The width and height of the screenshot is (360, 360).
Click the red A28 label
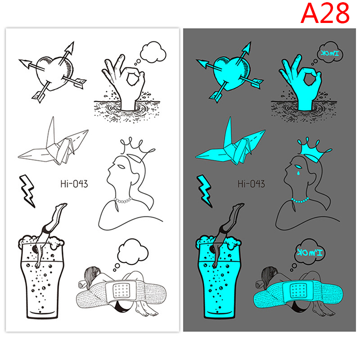click(x=325, y=13)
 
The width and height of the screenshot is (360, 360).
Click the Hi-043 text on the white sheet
click(x=74, y=184)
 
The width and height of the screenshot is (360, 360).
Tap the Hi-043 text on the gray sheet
click(x=251, y=184)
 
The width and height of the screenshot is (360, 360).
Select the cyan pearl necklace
click(x=300, y=200)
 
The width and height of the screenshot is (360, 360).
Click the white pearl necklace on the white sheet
click(x=123, y=200)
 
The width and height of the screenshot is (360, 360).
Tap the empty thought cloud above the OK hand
click(x=153, y=52)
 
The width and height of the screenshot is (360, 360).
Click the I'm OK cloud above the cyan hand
click(x=330, y=52)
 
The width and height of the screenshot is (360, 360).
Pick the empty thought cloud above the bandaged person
click(x=133, y=251)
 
